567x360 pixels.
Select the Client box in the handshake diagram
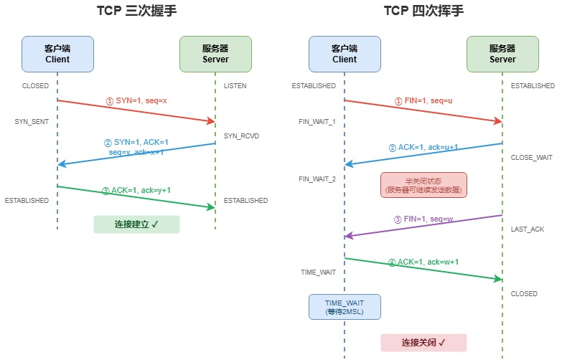click(x=57, y=54)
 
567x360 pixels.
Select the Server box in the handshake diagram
click(x=215, y=54)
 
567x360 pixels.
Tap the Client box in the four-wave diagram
click(x=345, y=54)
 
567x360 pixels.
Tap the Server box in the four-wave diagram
click(x=502, y=54)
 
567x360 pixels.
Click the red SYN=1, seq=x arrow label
click(x=136, y=101)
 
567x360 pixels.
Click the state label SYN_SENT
click(x=32, y=122)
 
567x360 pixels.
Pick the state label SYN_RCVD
click(x=240, y=136)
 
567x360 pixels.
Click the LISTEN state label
click(x=235, y=86)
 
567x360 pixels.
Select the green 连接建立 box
click(x=136, y=224)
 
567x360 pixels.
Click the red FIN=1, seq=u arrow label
click(x=423, y=101)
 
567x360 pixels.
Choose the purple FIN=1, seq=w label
click(x=423, y=219)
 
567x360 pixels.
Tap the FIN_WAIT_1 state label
click(x=317, y=122)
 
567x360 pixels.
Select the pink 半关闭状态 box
click(x=423, y=185)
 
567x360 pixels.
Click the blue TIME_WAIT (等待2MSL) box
click(x=345, y=307)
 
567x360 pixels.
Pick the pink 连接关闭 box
click(x=423, y=343)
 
